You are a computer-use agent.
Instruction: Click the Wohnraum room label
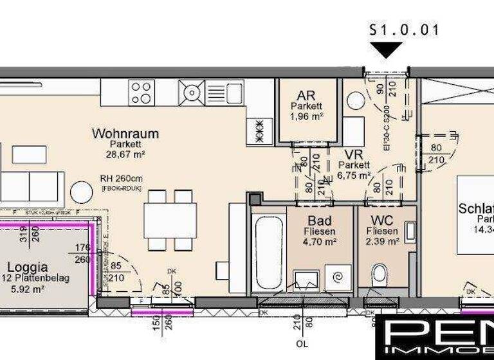tap(125, 134)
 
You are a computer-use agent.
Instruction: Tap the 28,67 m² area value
tap(125, 154)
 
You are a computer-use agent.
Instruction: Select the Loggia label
tap(27, 266)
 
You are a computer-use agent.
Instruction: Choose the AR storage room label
tap(306, 94)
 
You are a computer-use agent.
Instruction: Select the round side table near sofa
tap(82, 192)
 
